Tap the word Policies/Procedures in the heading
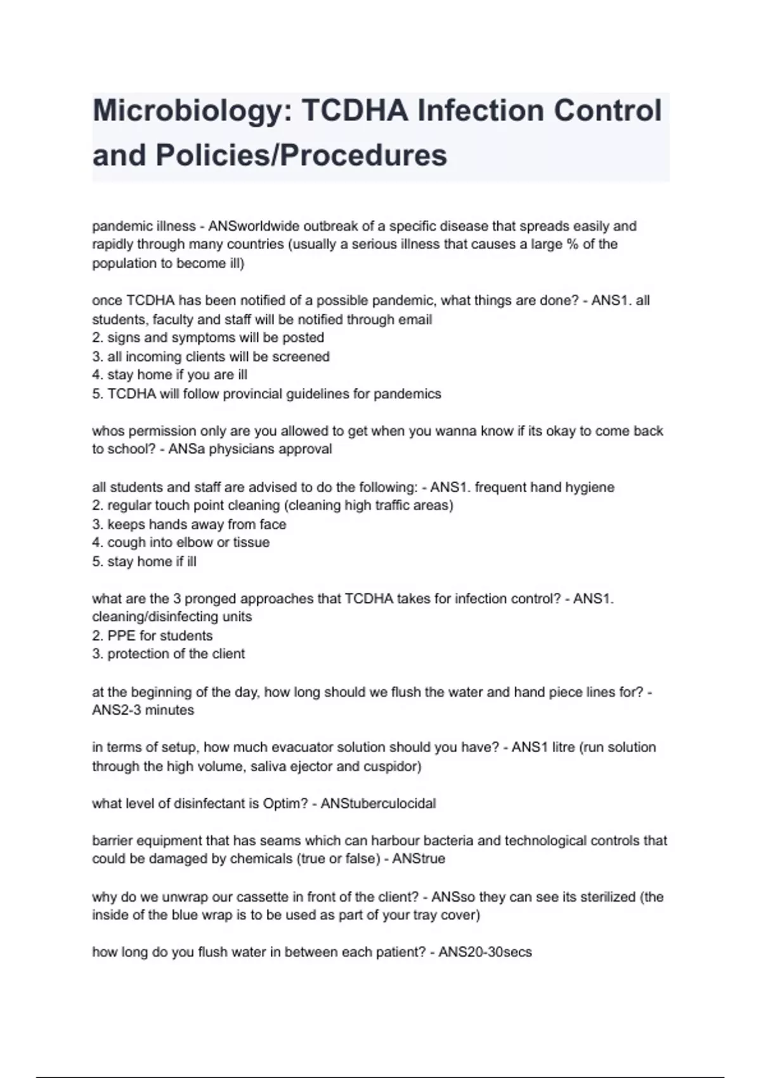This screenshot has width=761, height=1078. pyautogui.click(x=301, y=155)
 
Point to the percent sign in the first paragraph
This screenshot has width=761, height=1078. pyautogui.click(x=571, y=245)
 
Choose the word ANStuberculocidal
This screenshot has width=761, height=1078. pyautogui.click(x=378, y=804)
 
